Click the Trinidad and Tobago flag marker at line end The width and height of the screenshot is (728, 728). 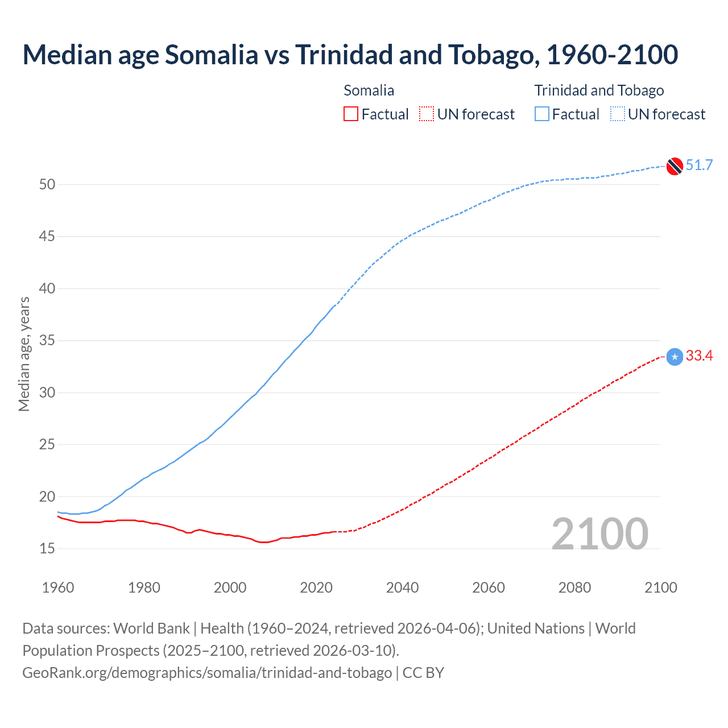tap(675, 166)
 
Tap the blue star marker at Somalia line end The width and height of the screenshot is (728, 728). tap(675, 357)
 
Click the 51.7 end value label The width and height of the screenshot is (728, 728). tap(699, 166)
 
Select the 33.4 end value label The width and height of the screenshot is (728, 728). tap(699, 356)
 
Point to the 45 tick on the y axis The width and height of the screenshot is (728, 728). tap(47, 236)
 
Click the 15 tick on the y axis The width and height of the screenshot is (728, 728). tap(47, 548)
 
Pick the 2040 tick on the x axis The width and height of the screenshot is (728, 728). tap(402, 588)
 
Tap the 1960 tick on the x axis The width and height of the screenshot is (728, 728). tap(58, 588)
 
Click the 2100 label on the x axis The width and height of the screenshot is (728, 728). tap(661, 588)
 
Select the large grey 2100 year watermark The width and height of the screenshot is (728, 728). tap(599, 533)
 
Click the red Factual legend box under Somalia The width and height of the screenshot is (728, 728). tap(351, 114)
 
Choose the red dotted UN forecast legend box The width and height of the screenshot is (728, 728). tap(427, 114)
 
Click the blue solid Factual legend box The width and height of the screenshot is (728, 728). tap(542, 114)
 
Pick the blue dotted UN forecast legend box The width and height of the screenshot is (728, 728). tap(618, 114)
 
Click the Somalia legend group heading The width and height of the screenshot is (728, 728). tap(369, 90)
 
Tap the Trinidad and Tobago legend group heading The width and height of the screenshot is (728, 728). tap(599, 90)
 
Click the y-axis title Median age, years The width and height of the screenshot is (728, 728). tap(24, 354)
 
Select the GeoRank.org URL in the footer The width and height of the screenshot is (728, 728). tap(207, 673)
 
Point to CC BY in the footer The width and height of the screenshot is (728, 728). tap(423, 673)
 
